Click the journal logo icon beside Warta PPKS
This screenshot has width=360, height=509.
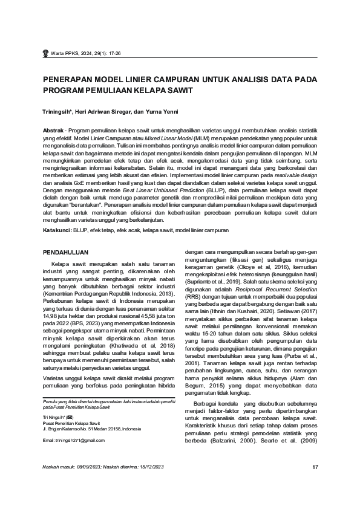[45, 53]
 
